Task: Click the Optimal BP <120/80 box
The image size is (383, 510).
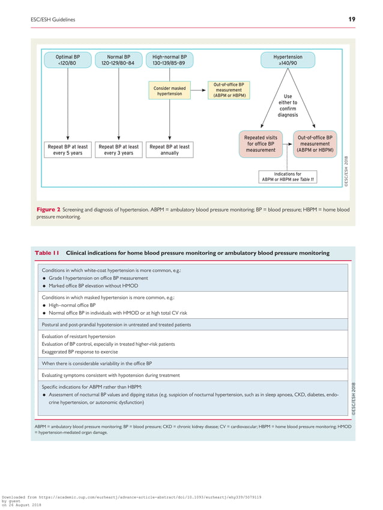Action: click(x=68, y=60)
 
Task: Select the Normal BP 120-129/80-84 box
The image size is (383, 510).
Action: click(x=118, y=60)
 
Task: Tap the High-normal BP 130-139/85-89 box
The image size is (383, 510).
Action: click(x=169, y=60)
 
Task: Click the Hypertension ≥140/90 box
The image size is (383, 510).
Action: click(x=288, y=60)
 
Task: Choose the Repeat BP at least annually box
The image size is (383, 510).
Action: click(x=169, y=150)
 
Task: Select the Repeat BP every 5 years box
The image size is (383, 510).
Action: click(x=68, y=150)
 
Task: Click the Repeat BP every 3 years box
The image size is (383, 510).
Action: click(x=118, y=150)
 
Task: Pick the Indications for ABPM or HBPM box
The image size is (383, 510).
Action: click(x=288, y=177)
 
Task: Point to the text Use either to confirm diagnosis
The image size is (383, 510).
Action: click(x=288, y=105)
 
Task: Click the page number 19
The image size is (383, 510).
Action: click(x=351, y=20)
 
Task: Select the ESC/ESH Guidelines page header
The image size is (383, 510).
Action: click(x=53, y=20)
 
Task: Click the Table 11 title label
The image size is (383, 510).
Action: click(x=47, y=253)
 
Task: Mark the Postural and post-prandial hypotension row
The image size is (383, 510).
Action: click(x=116, y=324)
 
